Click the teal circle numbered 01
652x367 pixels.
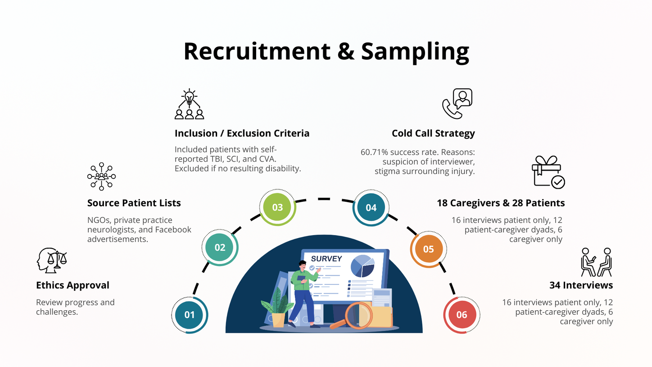[x=190, y=315]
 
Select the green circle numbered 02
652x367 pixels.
[x=220, y=247]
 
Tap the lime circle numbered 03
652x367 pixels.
[x=277, y=207]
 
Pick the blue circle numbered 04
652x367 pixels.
[x=371, y=208]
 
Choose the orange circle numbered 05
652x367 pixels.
[x=429, y=249]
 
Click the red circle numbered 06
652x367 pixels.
[x=462, y=315]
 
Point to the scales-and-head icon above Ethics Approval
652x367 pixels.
[x=52, y=260]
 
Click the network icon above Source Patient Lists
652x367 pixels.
[x=101, y=177]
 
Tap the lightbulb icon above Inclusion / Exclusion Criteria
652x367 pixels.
[x=189, y=104]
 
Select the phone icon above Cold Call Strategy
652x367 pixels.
[x=457, y=104]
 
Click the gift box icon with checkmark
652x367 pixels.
[x=548, y=172]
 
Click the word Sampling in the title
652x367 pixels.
[x=415, y=51]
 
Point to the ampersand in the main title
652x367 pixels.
[x=346, y=51]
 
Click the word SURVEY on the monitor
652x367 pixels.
[x=326, y=259]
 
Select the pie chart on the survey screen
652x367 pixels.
[x=362, y=266]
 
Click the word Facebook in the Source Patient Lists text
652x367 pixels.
[x=173, y=230]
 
